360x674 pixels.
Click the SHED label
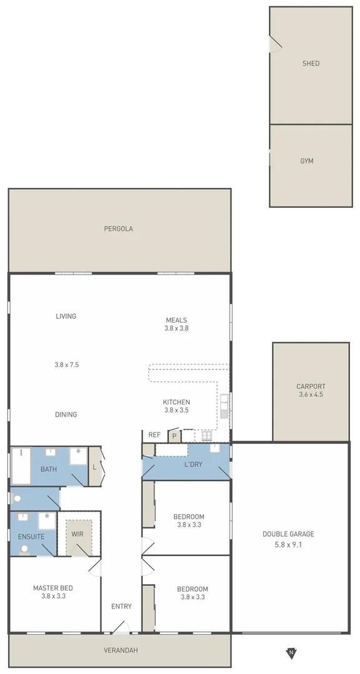[311, 64]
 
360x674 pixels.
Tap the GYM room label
[306, 161]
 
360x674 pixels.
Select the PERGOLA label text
[118, 229]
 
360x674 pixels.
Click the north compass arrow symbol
[291, 653]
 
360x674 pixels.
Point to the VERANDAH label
[120, 650]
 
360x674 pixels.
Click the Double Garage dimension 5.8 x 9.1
[288, 545]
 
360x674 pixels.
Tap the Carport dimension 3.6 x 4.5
[311, 394]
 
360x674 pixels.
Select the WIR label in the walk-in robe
[77, 534]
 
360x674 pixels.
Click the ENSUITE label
[31, 536]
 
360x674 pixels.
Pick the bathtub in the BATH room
[21, 465]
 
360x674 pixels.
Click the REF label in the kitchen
[155, 435]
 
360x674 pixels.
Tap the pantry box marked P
[175, 436]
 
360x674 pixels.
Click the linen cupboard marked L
[94, 466]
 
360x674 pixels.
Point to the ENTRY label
[122, 607]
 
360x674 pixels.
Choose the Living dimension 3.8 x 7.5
[66, 365]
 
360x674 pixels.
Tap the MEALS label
[176, 320]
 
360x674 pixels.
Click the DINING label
[66, 414]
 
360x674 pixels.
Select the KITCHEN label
[176, 402]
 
